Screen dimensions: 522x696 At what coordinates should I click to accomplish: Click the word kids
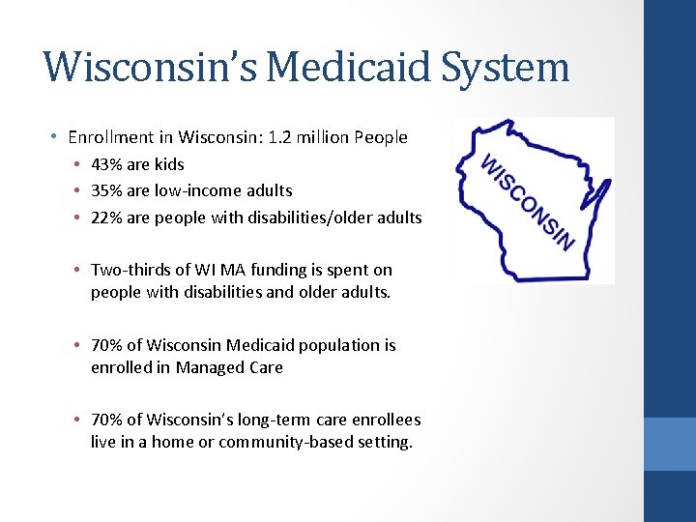point(169,164)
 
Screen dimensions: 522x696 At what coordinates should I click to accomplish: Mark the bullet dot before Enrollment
point(58,137)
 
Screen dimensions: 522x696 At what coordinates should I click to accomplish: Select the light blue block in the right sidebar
point(670,444)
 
